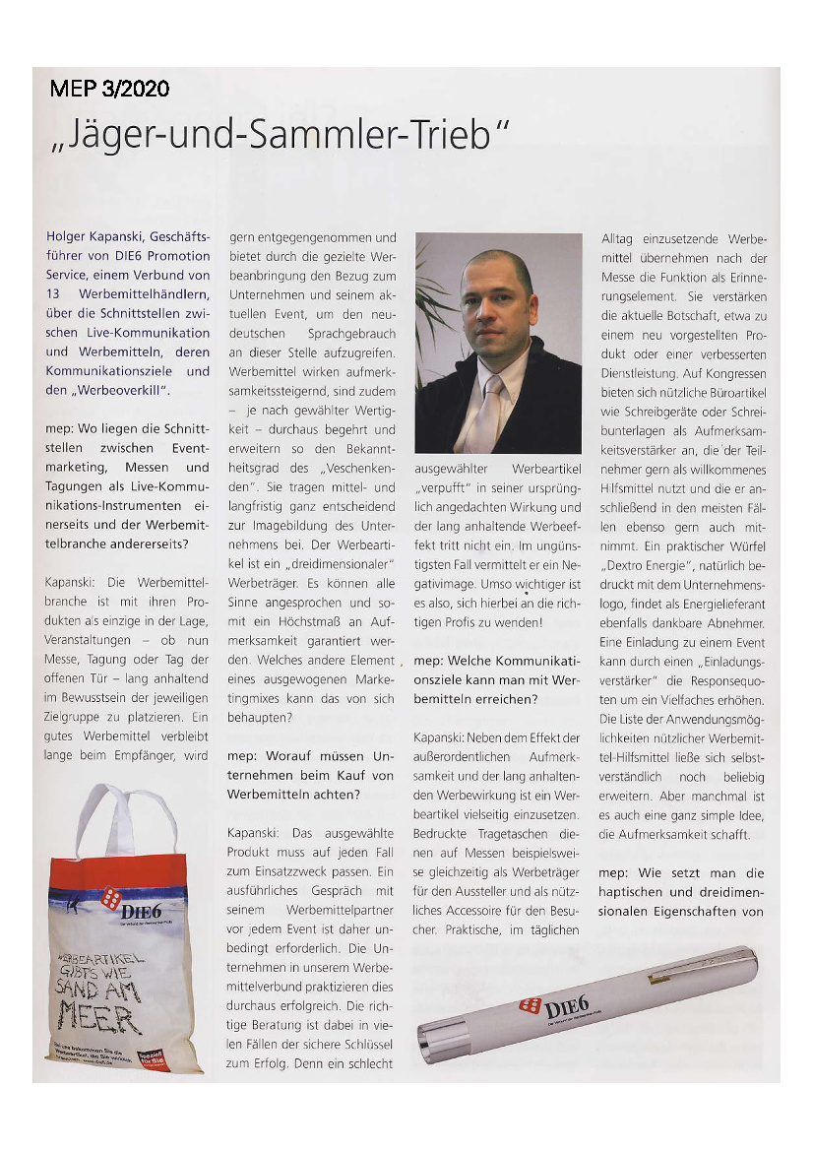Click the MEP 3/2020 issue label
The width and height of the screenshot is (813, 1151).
(110, 89)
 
